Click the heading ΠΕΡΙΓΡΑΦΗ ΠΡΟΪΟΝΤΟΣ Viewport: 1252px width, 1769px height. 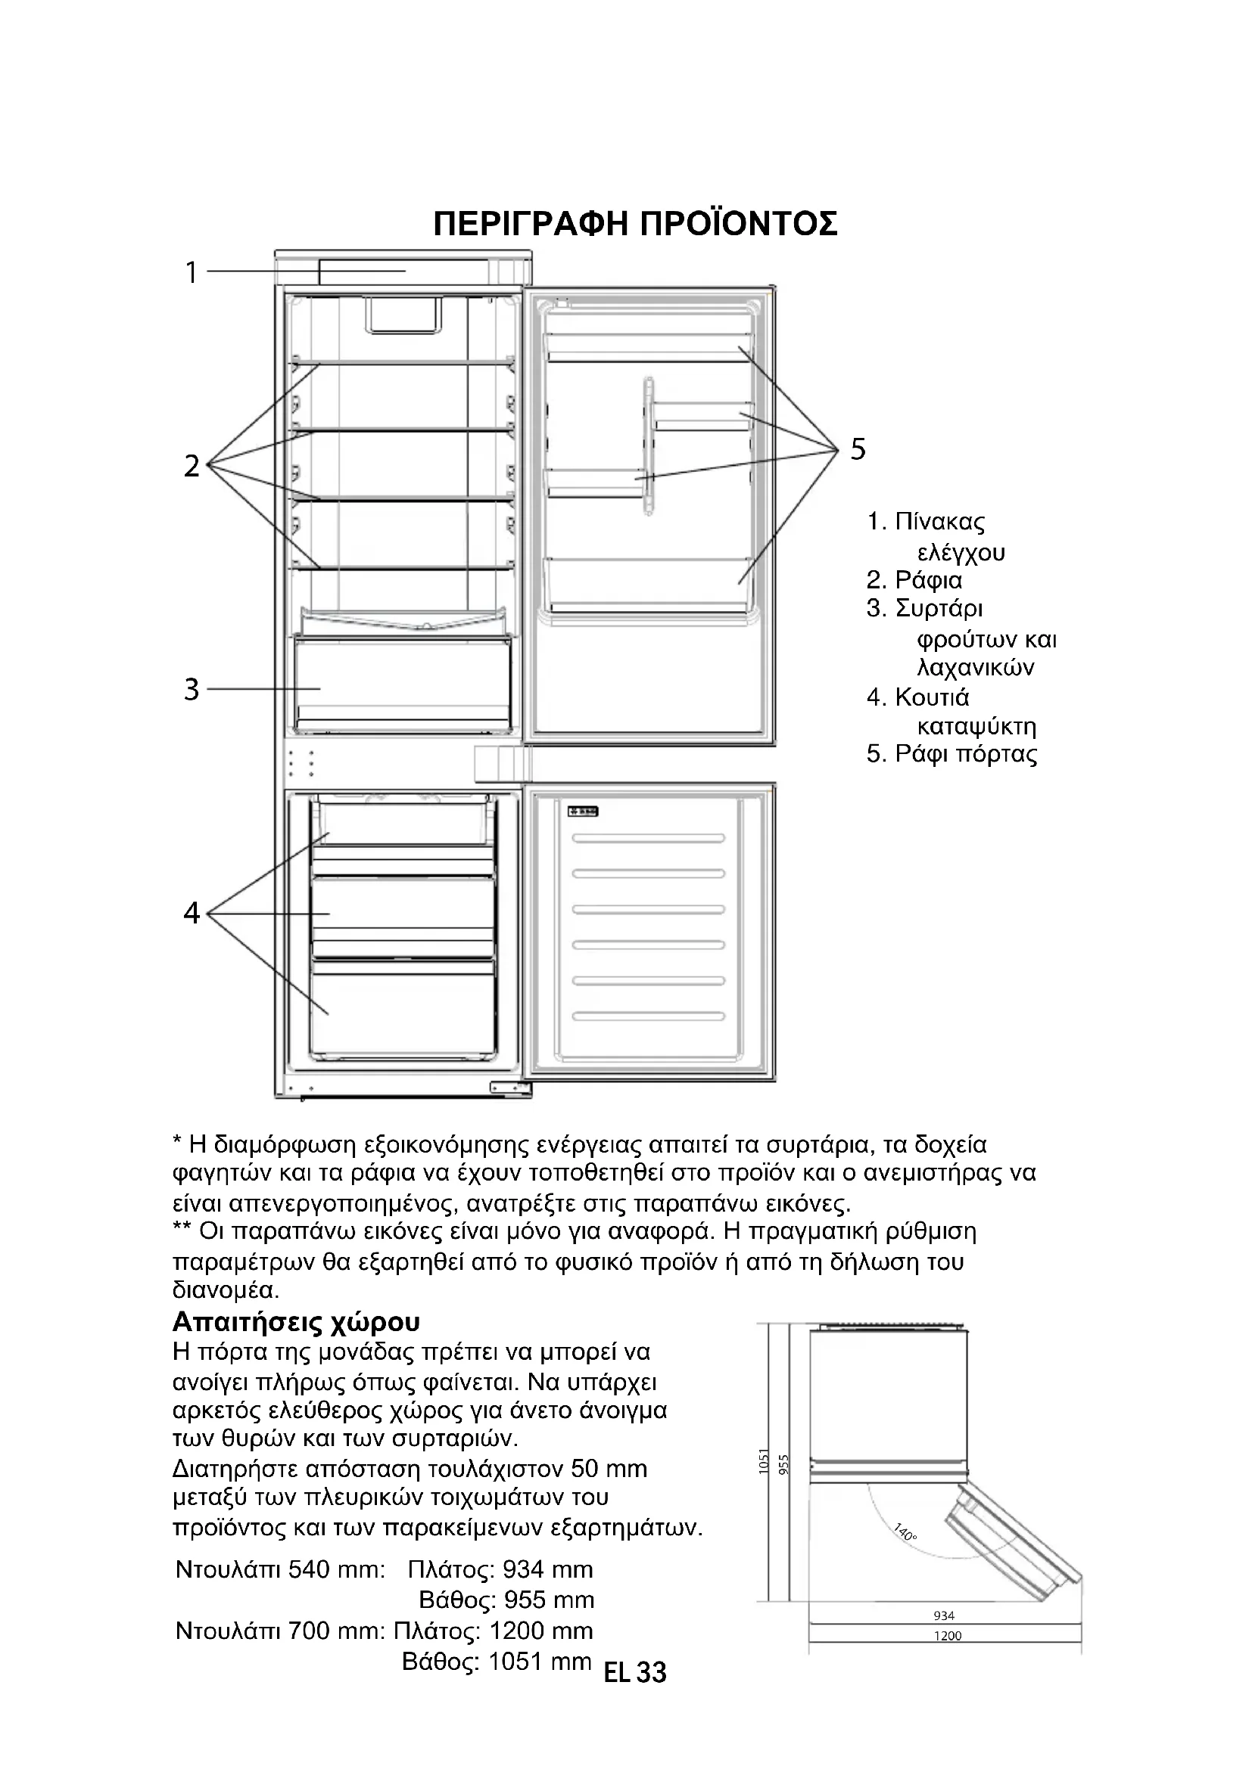[x=634, y=224]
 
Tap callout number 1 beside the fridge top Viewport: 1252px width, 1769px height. [x=192, y=272]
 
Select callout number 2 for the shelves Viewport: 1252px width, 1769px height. [x=192, y=465]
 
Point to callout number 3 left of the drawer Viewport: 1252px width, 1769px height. [x=192, y=689]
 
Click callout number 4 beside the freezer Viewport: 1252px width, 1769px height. [x=192, y=913]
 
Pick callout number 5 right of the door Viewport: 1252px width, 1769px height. [x=858, y=448]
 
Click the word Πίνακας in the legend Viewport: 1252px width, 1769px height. [x=940, y=523]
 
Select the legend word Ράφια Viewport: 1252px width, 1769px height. [x=928, y=580]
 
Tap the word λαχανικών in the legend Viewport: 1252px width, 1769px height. [x=975, y=667]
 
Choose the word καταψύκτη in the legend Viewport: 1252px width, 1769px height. [x=976, y=727]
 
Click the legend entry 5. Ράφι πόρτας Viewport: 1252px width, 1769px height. [x=951, y=753]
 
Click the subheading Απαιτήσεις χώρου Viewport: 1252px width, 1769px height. [x=296, y=1322]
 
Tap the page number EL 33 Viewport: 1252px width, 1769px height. [x=635, y=1672]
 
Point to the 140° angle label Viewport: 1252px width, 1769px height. [x=906, y=1532]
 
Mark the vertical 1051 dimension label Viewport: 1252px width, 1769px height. [x=764, y=1461]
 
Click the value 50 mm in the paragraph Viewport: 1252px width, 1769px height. [x=609, y=1470]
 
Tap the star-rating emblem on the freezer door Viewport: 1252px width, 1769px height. [x=584, y=812]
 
